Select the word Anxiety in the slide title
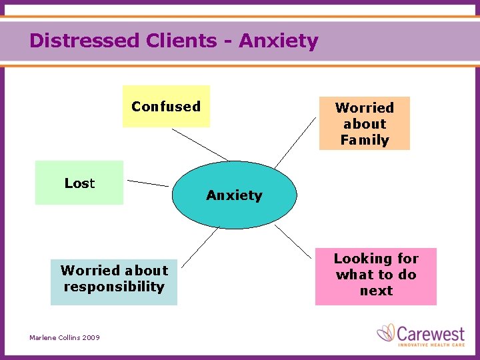tap(279, 41)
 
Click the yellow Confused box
tap(166, 106)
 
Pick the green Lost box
tap(79, 183)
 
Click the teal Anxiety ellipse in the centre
tap(233, 195)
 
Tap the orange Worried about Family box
tap(364, 123)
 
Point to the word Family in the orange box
tap(364, 140)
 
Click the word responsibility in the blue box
tap(114, 287)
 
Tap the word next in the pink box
tap(376, 291)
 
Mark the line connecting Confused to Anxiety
tap(199, 144)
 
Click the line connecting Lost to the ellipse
tap(148, 183)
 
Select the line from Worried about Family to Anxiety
tap(296, 142)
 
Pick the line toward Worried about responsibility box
tap(199, 247)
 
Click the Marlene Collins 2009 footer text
tap(65, 338)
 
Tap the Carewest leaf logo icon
tap(387, 332)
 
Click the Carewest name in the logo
tap(432, 331)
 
